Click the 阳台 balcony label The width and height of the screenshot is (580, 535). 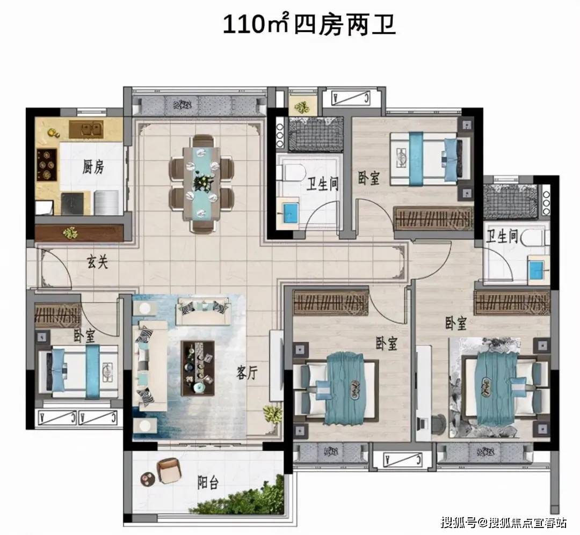tap(207, 482)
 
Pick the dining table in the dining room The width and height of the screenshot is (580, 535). tap(201, 182)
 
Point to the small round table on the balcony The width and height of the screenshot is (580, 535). tap(147, 478)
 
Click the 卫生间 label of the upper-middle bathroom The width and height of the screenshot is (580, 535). tap(322, 184)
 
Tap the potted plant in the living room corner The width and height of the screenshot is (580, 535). tap(273, 414)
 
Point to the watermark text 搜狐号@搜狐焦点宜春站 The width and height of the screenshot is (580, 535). tap(504, 522)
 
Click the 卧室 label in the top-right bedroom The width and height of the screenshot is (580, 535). tap(369, 178)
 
